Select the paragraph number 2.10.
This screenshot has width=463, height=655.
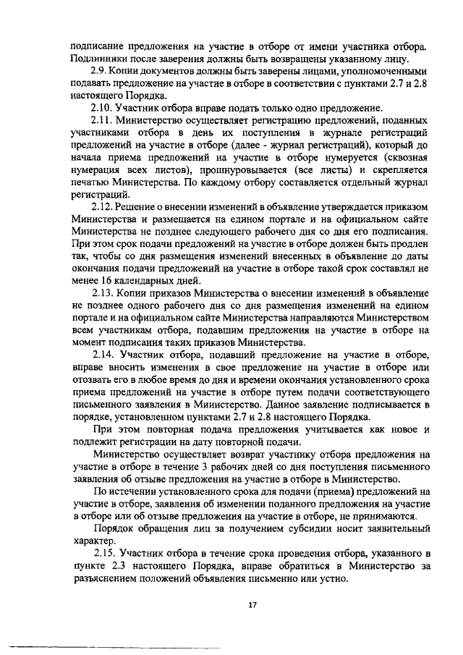coord(105,108)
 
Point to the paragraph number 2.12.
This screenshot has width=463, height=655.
coord(105,208)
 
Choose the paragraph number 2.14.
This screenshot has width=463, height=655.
coord(105,355)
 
